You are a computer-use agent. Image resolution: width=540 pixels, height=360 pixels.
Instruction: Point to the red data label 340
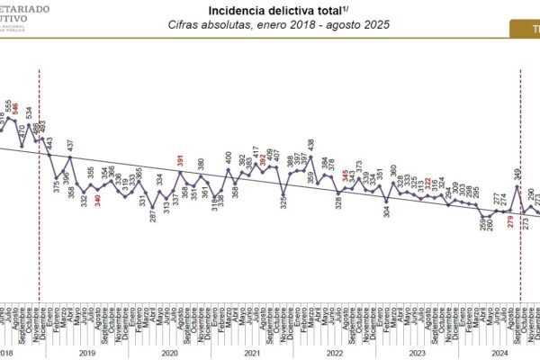pos(98,199)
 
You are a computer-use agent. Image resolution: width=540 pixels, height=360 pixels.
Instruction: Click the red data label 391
pos(182,158)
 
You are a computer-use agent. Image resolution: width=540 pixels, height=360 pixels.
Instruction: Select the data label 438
pos(310,143)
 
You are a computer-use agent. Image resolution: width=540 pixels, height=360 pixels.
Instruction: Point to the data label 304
pos(387,212)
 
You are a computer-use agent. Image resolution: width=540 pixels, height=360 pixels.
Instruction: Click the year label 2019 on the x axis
pos(86,353)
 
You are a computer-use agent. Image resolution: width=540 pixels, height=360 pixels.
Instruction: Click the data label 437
pos(70,145)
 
